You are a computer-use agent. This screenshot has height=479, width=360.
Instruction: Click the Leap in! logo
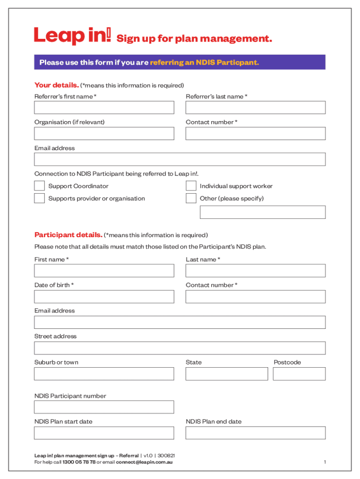[x=72, y=36]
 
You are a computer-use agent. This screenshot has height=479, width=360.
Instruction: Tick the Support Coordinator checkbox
[x=39, y=186]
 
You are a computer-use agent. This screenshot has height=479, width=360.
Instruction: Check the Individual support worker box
[x=191, y=186]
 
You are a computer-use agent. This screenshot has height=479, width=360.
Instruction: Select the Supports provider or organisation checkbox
[x=39, y=198]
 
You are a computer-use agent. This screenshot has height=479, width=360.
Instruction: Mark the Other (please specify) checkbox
[x=191, y=198]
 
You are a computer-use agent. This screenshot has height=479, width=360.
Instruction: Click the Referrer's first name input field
[x=104, y=108]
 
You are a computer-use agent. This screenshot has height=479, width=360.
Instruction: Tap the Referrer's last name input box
[x=255, y=108]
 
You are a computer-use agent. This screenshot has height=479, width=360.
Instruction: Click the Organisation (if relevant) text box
[x=104, y=133]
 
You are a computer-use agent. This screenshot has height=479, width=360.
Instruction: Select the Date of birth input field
[x=104, y=297]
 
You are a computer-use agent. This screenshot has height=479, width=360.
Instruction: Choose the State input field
[x=227, y=374]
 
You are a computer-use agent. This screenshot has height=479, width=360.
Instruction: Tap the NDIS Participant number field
[x=104, y=407]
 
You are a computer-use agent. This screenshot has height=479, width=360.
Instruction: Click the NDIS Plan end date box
[x=255, y=433]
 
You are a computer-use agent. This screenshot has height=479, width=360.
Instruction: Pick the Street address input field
[x=180, y=348]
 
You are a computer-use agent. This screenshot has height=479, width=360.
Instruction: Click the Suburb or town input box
[x=104, y=374]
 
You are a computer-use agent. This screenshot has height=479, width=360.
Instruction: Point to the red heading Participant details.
[x=68, y=235]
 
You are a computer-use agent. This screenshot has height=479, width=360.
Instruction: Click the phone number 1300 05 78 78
[x=79, y=462]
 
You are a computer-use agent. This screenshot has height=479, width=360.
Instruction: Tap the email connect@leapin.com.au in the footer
[x=144, y=462]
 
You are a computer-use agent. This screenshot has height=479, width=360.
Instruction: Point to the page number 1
[x=324, y=462]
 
